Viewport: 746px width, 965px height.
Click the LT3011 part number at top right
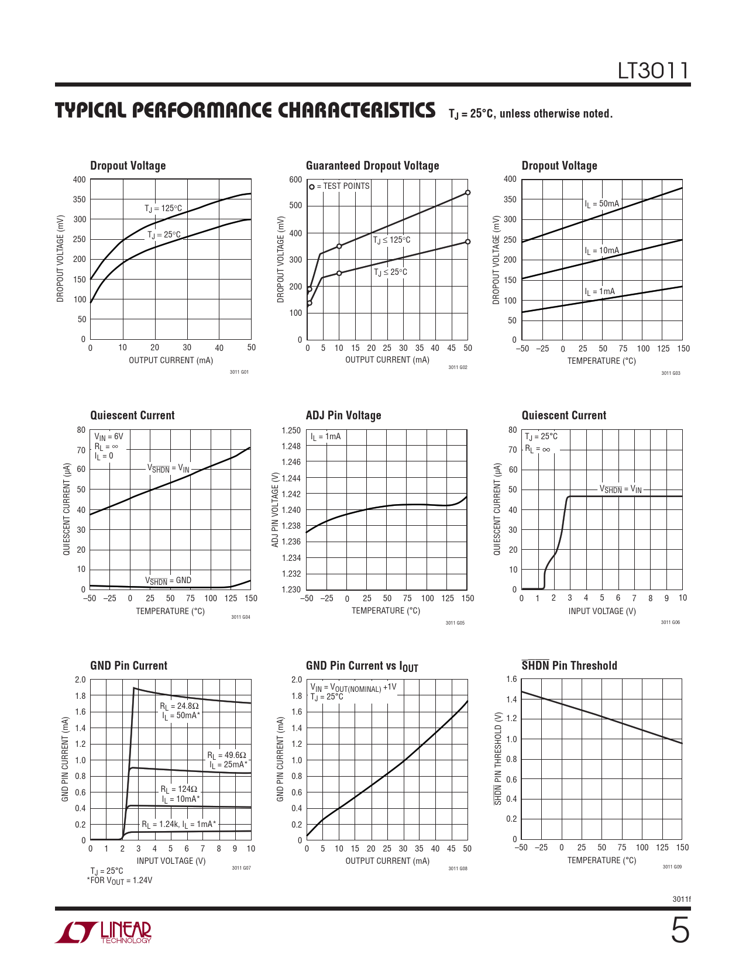pos(654,71)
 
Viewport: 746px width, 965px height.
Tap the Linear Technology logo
pos(104,932)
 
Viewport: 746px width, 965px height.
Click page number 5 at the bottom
pos(679,930)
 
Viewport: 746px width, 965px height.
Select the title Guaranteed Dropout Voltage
pos(372,166)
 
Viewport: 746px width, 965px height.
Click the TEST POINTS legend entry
pos(340,186)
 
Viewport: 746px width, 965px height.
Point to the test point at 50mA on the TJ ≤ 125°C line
pos(467,192)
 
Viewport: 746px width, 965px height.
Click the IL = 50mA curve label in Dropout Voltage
pos(601,204)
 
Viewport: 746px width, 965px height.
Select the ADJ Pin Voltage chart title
pos(343,416)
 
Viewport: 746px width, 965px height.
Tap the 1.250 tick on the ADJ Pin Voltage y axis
pos(291,430)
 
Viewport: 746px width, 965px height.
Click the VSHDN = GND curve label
pos(168,581)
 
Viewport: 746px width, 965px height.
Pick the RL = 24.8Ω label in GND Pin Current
pos(179,706)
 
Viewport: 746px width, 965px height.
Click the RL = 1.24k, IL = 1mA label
pos(178,825)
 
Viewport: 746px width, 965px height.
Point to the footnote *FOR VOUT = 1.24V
pos(119,880)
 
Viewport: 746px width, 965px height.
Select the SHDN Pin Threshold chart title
pos(569,666)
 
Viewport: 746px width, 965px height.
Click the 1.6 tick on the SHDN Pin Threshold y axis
pos(511,680)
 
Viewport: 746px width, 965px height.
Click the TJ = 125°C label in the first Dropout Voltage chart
pos(163,208)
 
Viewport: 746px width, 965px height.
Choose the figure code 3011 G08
pos(458,868)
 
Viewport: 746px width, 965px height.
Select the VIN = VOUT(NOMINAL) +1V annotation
pos(353,688)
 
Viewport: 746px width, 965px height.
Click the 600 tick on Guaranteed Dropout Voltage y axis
pos(295,180)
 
